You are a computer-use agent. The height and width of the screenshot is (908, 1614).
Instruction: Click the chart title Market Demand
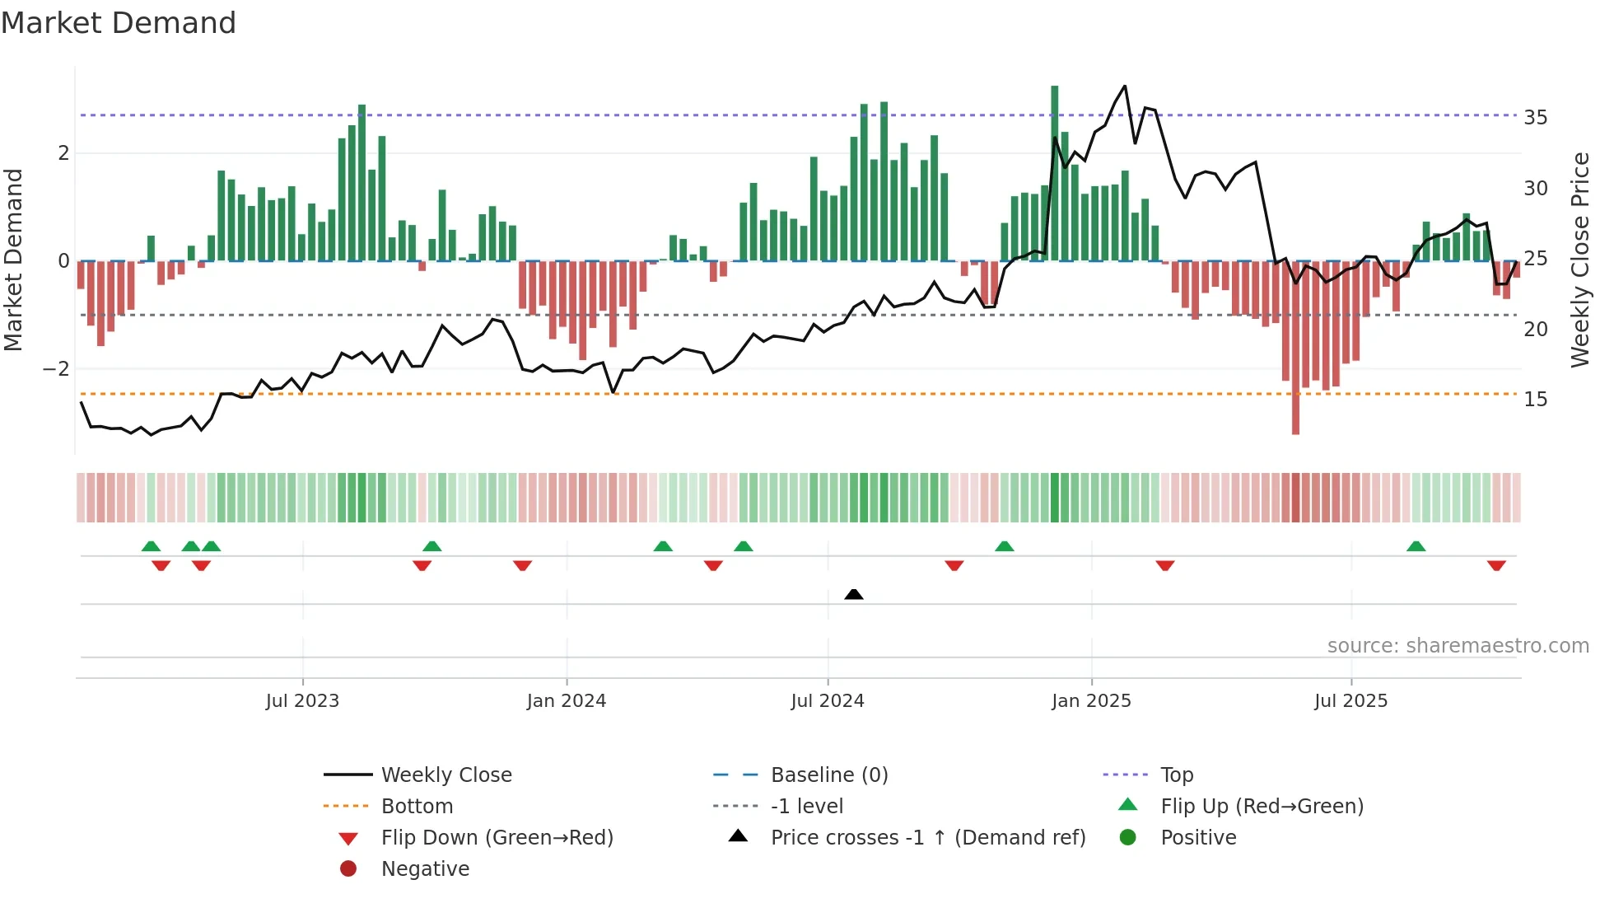pos(119,23)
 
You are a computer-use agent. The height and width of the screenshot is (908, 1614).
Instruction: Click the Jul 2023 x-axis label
pos(302,701)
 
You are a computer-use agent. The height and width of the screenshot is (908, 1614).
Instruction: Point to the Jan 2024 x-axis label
pos(566,701)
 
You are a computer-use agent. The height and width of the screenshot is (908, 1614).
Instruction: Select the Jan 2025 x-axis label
pos(1091,701)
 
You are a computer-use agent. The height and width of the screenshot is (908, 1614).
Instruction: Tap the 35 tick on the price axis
pos(1535,118)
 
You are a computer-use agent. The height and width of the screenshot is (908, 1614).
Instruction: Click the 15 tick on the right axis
pos(1535,400)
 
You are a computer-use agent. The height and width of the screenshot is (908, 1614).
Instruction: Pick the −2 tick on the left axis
pos(56,369)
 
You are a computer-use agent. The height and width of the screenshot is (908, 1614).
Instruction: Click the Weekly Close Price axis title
pos(1579,260)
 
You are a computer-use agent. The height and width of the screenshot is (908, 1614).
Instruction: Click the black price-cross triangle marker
pos(854,594)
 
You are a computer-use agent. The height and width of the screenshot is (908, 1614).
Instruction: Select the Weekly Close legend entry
pos(445,775)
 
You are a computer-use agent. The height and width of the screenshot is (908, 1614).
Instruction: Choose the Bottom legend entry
pos(417,807)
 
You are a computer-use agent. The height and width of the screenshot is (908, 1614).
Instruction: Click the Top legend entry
pos(1176,775)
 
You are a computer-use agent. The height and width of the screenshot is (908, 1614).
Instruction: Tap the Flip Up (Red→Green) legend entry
pos(1261,807)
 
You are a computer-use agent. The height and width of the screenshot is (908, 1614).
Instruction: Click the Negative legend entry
pos(425,869)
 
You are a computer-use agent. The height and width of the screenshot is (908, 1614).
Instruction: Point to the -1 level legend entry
pos(806,807)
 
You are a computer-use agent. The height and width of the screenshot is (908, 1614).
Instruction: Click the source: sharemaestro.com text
pos(1458,646)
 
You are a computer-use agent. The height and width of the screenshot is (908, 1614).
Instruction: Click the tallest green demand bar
pos(1054,173)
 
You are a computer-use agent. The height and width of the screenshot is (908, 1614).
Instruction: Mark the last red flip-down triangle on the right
pos(1496,565)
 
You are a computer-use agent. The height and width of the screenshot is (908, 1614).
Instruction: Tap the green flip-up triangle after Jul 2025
pos(1416,546)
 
